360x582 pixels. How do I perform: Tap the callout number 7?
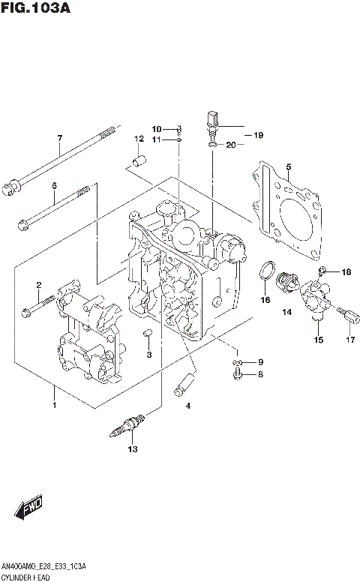pos(59,137)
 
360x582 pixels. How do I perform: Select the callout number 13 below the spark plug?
pos(133,449)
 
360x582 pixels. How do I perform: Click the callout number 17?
pos(349,340)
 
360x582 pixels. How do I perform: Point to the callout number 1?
pos(53,406)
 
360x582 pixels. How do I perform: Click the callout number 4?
pos(188,406)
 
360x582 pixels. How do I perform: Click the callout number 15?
pos(318,340)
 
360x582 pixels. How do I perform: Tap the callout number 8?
pos(261,374)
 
